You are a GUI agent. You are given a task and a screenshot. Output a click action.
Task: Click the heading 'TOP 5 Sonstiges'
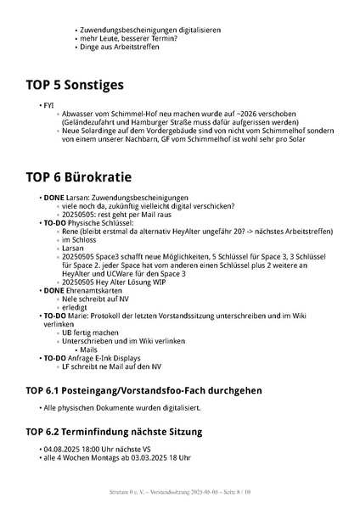point(75,85)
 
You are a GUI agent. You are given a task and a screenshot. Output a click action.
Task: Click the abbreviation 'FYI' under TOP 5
point(48,105)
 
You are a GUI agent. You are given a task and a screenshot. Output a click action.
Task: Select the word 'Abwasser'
point(76,114)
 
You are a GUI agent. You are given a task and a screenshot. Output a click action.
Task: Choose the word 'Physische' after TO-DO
point(81,223)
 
